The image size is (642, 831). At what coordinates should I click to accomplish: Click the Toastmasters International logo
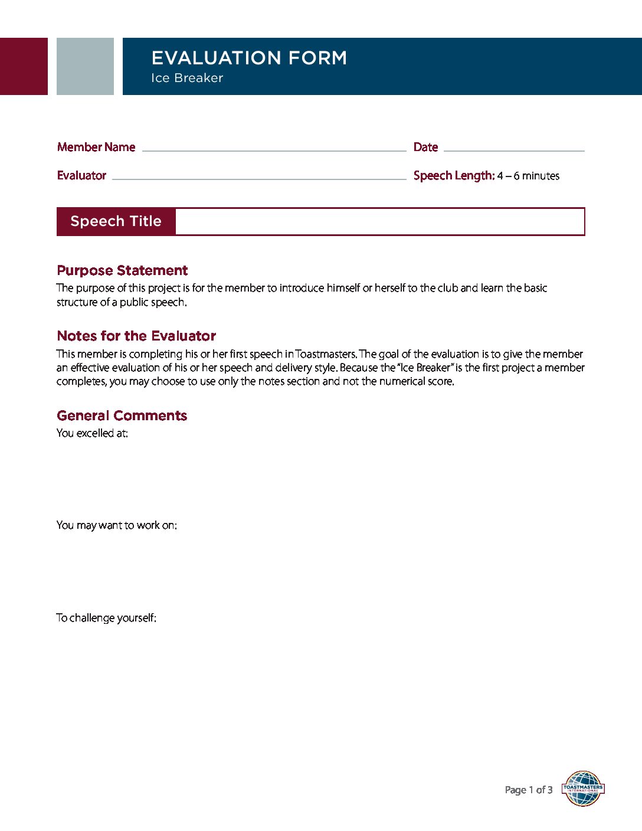tap(582, 789)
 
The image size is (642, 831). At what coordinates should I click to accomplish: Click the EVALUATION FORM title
tap(249, 58)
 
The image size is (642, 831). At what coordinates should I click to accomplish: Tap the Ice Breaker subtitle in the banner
tap(186, 78)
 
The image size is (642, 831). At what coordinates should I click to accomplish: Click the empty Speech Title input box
tap(379, 221)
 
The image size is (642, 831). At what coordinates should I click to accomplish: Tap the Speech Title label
tap(116, 221)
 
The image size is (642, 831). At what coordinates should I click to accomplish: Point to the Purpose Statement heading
tap(122, 270)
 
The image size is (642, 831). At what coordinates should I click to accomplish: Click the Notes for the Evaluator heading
tap(136, 336)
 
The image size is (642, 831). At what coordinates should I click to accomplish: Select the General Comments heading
tap(122, 415)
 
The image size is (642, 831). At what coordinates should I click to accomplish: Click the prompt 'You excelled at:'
tap(92, 433)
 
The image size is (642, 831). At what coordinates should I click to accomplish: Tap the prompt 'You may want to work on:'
tap(116, 525)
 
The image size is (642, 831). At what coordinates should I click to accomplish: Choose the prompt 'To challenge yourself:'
tap(106, 618)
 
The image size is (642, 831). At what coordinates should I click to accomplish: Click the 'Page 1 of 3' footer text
tap(528, 790)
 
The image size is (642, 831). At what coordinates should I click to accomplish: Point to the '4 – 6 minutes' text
tap(528, 176)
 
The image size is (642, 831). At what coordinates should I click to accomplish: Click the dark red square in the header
tap(24, 66)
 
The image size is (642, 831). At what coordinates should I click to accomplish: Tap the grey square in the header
tap(85, 66)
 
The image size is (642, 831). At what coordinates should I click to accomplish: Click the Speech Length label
tap(453, 175)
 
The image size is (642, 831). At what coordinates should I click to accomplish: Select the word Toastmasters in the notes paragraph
tap(326, 354)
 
